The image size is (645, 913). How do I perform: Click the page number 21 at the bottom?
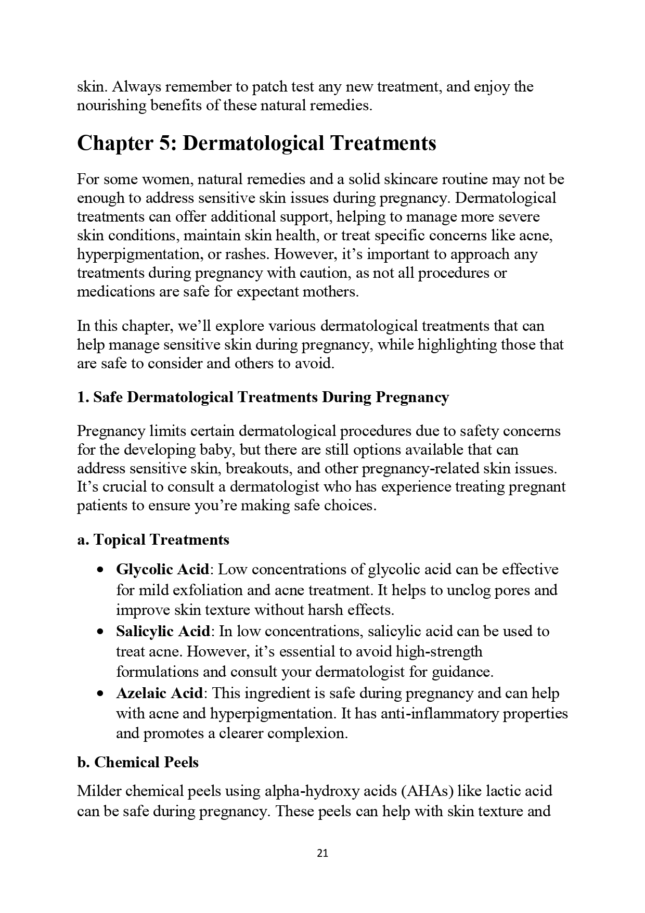pyautogui.click(x=322, y=853)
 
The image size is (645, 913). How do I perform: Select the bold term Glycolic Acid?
pyautogui.click(x=162, y=569)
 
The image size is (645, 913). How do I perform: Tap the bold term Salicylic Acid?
pyautogui.click(x=163, y=631)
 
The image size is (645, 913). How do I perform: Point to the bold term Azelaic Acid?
pyautogui.click(x=159, y=693)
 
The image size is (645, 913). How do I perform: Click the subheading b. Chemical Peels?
pyautogui.click(x=138, y=762)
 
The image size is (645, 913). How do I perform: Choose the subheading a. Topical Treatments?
pyautogui.click(x=153, y=539)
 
